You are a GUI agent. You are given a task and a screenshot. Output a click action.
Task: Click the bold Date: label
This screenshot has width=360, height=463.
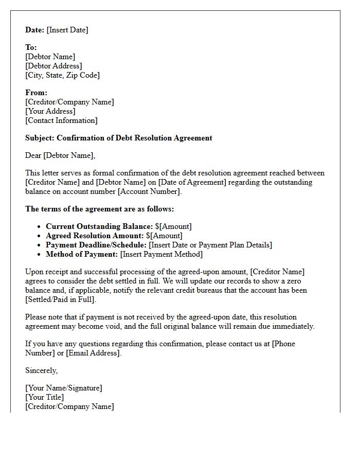tap(35, 30)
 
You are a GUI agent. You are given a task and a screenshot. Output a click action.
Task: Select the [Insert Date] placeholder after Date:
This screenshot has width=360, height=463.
tap(67, 30)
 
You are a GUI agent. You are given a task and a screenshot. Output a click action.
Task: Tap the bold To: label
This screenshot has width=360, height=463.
tap(31, 47)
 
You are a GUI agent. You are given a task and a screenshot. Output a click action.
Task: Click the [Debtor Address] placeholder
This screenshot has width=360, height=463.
tap(53, 66)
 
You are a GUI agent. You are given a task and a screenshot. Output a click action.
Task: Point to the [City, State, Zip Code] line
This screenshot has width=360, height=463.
tap(62, 75)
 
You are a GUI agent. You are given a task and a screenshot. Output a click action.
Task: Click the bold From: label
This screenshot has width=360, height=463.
tap(36, 93)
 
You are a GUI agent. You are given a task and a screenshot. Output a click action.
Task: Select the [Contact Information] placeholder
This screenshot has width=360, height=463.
tap(61, 120)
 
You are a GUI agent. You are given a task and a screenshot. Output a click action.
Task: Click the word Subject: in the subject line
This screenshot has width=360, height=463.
tap(40, 138)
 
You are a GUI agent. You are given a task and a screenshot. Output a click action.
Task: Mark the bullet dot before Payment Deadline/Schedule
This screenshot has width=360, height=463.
tap(40, 245)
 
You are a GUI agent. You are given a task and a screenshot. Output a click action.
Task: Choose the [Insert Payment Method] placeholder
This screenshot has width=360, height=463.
tap(161, 254)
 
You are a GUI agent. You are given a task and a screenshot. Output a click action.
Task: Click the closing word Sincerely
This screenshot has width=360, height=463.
tap(41, 370)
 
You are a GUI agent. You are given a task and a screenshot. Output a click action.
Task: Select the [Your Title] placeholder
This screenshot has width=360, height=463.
tap(45, 397)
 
